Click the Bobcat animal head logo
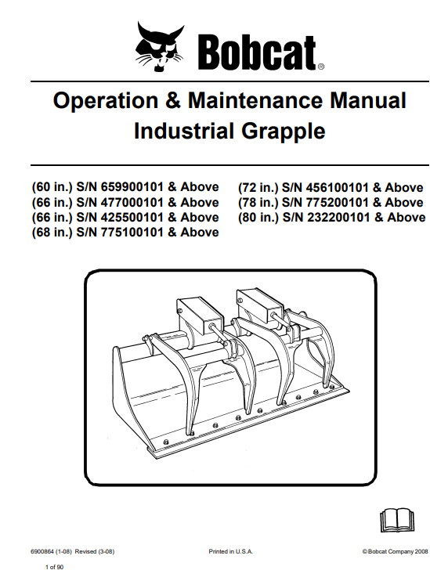coord(160,46)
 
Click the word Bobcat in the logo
coord(257,52)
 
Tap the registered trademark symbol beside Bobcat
coord(321,67)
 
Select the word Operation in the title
coord(106,101)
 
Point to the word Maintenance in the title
coord(255,100)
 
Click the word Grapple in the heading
coord(283,132)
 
